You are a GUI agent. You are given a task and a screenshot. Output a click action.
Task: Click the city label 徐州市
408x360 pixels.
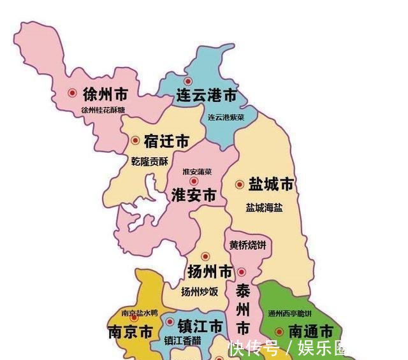(105, 95)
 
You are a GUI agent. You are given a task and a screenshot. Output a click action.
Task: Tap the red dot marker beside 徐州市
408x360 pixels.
(72, 93)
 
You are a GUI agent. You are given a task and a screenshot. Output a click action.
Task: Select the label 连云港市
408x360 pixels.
(206, 96)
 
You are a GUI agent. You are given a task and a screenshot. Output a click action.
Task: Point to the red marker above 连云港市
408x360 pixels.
(187, 82)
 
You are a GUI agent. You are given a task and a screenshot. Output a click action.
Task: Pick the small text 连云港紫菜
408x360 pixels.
(226, 118)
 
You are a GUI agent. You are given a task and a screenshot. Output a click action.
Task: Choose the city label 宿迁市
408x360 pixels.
(166, 141)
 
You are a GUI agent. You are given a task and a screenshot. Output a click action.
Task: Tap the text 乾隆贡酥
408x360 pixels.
(150, 162)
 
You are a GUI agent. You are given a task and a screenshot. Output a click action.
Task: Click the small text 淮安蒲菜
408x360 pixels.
(198, 171)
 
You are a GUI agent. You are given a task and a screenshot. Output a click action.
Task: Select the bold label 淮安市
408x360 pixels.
(194, 196)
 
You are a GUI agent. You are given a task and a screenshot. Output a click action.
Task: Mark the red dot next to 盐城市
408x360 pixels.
(239, 185)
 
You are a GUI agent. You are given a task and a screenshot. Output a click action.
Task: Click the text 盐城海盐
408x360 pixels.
(265, 208)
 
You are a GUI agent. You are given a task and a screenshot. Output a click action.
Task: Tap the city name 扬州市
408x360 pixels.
(210, 272)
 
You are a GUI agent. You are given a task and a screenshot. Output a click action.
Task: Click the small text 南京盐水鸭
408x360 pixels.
(139, 313)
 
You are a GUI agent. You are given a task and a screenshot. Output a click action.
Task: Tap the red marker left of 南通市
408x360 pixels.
(279, 332)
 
